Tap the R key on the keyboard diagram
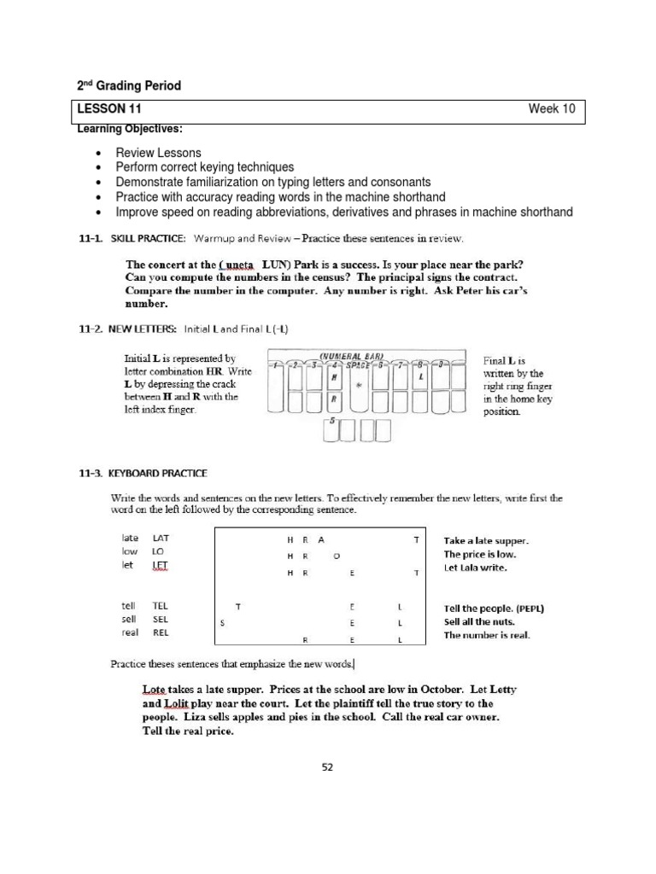[x=335, y=399]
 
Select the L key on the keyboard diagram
[x=421, y=376]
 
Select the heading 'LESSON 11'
[x=110, y=108]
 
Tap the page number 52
[x=327, y=766]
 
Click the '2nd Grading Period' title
[x=129, y=86]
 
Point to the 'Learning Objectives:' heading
[x=129, y=128]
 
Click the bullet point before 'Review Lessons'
[x=99, y=154]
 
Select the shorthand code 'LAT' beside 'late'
[x=161, y=539]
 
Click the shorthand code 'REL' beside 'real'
[x=161, y=632]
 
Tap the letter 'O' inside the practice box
[x=337, y=556]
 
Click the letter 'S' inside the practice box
[x=222, y=623]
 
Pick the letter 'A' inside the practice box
[x=321, y=539]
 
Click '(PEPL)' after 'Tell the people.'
[x=529, y=609]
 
